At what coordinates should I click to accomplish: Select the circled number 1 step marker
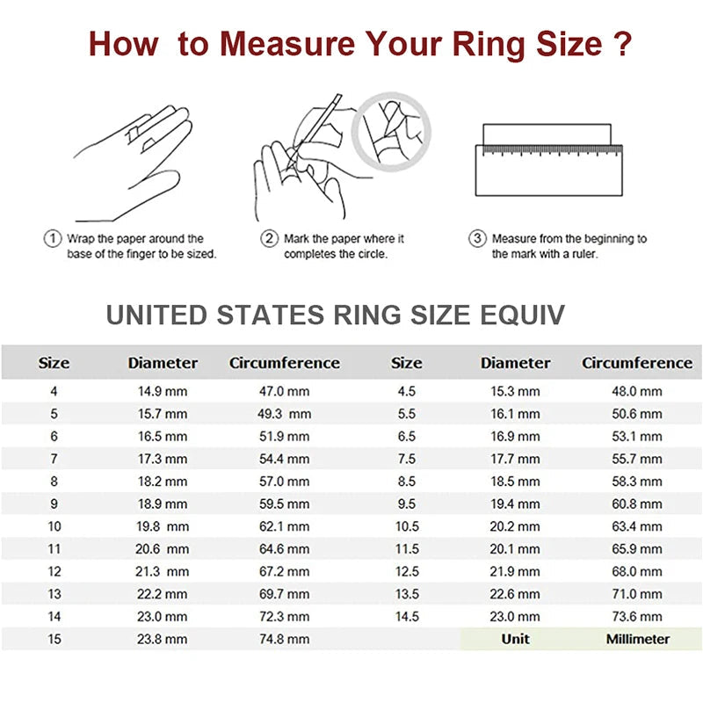[x=53, y=239]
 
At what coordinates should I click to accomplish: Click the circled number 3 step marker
[x=477, y=239]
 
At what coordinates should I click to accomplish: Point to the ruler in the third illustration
[x=548, y=169]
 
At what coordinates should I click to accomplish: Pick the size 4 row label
[x=54, y=391]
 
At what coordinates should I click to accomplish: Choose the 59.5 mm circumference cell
[x=283, y=504]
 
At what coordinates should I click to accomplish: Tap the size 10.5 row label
[x=406, y=526]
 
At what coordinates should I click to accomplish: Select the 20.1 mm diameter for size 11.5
[x=515, y=549]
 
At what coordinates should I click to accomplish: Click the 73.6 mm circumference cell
[x=637, y=617]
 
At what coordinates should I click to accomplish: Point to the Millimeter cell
[x=637, y=639]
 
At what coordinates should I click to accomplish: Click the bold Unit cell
[x=515, y=639]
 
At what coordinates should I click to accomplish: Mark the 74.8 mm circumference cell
[x=283, y=640]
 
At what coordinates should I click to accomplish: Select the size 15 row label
[x=54, y=640]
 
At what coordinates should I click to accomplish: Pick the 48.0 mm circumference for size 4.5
[x=637, y=391]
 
